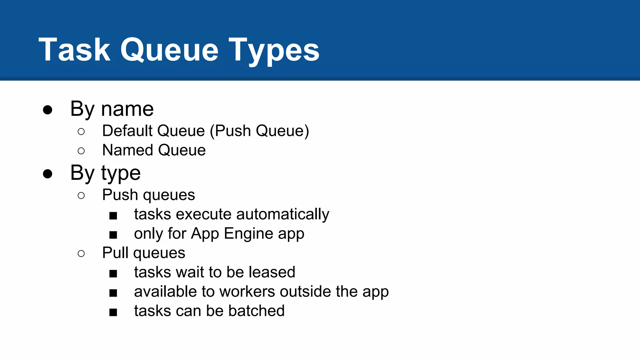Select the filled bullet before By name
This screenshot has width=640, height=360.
[x=47, y=110]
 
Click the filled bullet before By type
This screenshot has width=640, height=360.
[x=47, y=174]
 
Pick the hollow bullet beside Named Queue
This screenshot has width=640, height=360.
[x=81, y=151]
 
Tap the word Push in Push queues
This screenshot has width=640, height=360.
[x=120, y=195]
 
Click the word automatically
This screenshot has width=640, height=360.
[x=282, y=214]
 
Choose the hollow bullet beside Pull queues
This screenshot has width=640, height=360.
[x=81, y=253]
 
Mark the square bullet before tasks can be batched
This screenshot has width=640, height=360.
[x=113, y=312]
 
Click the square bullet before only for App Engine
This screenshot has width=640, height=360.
[x=113, y=235]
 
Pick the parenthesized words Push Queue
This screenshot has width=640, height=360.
[x=259, y=131]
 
